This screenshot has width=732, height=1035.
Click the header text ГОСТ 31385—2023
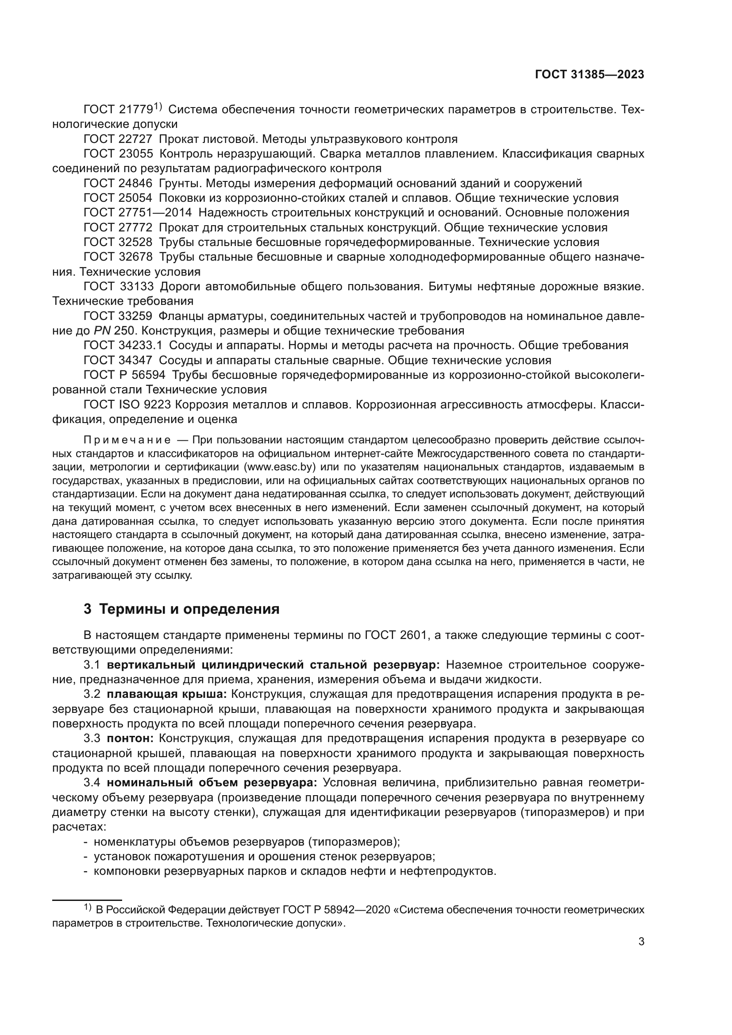(589, 75)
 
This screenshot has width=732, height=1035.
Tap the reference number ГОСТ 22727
(118, 139)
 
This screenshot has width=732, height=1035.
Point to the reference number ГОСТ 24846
(118, 184)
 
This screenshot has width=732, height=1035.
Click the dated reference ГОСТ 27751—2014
(138, 213)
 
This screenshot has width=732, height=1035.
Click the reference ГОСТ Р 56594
(124, 375)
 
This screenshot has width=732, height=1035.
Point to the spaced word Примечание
(127, 440)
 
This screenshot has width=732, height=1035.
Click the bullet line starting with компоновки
(295, 871)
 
